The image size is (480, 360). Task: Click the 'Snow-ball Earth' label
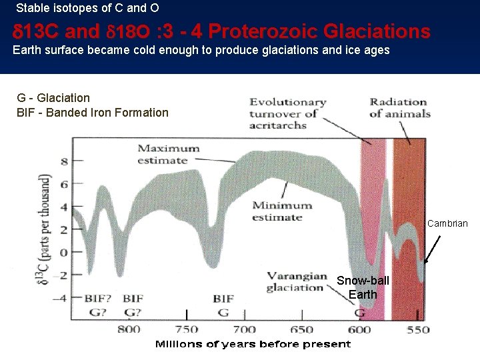363,287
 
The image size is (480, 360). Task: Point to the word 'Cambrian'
447,223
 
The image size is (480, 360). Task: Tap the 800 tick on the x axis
129,329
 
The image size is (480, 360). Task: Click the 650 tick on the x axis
303,329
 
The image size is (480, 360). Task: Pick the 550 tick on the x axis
419,329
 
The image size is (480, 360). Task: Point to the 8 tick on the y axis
64,161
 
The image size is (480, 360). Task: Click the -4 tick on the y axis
61,298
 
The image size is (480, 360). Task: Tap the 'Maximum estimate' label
168,154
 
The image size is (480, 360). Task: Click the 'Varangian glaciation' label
297,282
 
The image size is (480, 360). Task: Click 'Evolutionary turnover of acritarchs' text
287,113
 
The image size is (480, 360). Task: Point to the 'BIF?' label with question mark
98,298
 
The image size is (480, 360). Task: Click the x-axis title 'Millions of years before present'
253,344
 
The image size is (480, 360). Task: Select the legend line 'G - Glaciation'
53,98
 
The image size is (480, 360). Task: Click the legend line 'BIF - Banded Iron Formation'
93,112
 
